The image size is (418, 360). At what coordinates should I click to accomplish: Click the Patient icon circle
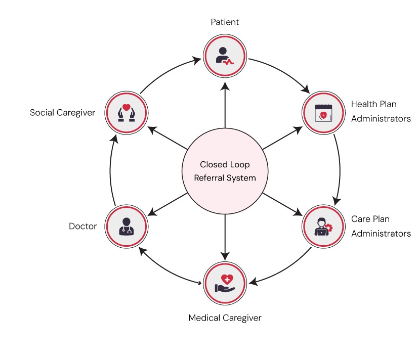pyautogui.click(x=225, y=56)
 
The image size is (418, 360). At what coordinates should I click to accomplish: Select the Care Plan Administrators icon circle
pyautogui.click(x=323, y=226)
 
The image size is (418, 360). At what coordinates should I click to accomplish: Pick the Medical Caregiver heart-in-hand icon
pyautogui.click(x=225, y=282)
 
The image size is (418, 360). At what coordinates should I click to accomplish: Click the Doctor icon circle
pyautogui.click(x=126, y=226)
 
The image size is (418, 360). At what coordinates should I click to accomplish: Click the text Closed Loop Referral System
pyautogui.click(x=225, y=171)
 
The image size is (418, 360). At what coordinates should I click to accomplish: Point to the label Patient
pyautogui.click(x=225, y=22)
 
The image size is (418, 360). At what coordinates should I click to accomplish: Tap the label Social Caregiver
pyautogui.click(x=62, y=112)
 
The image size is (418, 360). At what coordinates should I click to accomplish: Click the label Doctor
pyautogui.click(x=82, y=226)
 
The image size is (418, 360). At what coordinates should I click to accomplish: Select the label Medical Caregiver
pyautogui.click(x=225, y=318)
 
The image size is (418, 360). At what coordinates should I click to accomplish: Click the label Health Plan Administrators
pyautogui.click(x=381, y=111)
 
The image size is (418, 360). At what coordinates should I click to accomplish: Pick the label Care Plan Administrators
pyautogui.click(x=381, y=227)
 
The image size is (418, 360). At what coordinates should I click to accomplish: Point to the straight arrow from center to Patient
pyautogui.click(x=225, y=106)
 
